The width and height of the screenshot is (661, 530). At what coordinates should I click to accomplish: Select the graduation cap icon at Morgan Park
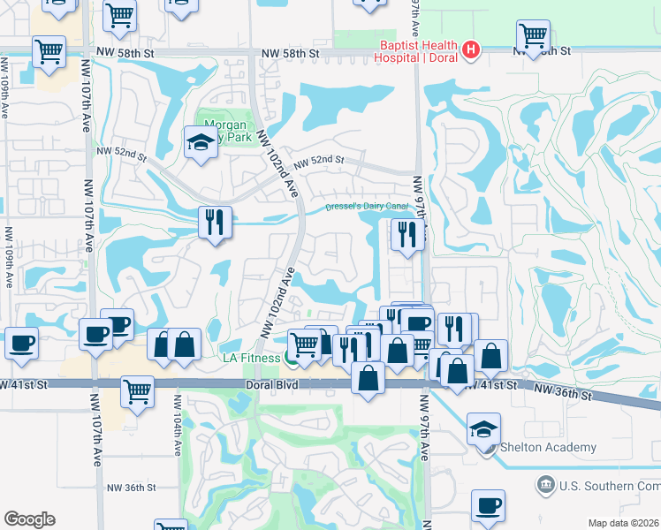tap(201, 141)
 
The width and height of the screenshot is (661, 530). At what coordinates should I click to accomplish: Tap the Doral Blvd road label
tap(274, 386)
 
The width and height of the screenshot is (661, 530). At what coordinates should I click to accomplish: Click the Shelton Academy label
tap(548, 447)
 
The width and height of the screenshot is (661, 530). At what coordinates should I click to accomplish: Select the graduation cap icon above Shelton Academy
tap(484, 429)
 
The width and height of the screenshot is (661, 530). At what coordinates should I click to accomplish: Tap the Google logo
tap(29, 519)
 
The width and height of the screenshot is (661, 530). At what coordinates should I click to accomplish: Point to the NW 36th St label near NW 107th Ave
tap(131, 488)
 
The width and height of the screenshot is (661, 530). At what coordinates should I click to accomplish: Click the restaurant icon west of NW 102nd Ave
tap(215, 223)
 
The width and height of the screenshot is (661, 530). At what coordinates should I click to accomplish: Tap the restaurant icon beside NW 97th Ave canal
tap(406, 235)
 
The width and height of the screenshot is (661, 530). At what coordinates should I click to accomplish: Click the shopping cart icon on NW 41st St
tap(137, 391)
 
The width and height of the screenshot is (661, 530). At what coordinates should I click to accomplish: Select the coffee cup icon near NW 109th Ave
tap(21, 343)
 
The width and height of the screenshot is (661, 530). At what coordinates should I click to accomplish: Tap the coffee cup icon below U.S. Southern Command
tap(488, 506)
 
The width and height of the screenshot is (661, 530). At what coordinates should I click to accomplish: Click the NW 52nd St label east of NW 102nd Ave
tap(318, 162)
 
